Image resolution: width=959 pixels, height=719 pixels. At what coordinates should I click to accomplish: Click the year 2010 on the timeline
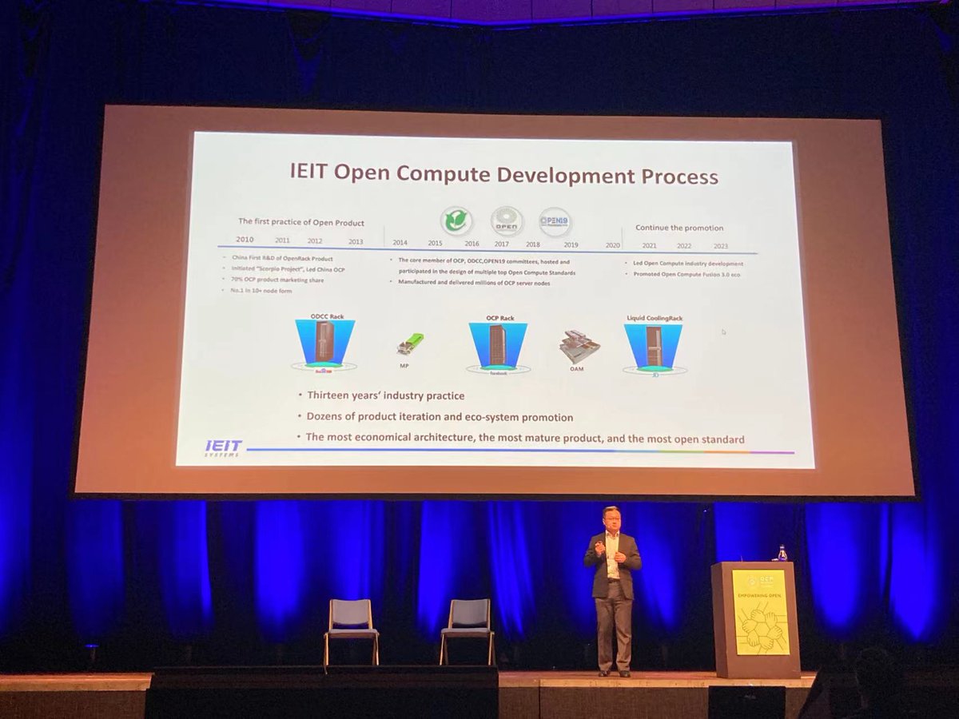(x=245, y=240)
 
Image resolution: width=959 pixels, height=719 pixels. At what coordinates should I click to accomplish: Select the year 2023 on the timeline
(x=721, y=246)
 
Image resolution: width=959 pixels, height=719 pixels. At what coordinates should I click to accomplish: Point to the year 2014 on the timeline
(x=400, y=242)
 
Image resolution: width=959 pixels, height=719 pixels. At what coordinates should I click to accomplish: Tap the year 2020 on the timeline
(x=613, y=245)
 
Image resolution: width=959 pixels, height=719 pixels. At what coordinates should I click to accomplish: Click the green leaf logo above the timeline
(x=457, y=221)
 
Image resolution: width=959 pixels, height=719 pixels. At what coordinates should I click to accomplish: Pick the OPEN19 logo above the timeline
(x=555, y=223)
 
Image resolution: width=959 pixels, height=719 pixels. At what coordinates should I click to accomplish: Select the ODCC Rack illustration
(x=325, y=344)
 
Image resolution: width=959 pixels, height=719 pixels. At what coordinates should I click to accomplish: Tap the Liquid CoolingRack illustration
(x=653, y=346)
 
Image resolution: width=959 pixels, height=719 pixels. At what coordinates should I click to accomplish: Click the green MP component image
(x=411, y=344)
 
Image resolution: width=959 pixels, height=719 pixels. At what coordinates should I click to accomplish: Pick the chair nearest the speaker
(x=468, y=627)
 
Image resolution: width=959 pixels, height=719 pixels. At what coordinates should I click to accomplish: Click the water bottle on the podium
(x=782, y=553)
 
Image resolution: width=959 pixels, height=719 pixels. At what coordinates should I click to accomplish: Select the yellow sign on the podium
(x=760, y=611)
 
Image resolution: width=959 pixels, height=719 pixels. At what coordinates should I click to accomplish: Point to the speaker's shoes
(x=613, y=673)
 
